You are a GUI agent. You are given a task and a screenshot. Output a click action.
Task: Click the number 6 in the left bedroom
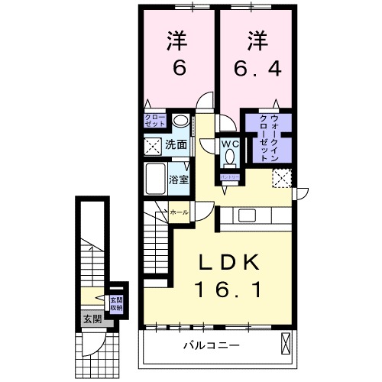(x=179, y=69)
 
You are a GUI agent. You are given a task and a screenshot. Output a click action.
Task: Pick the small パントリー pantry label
(x=230, y=176)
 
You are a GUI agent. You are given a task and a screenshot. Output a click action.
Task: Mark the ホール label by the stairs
(x=179, y=212)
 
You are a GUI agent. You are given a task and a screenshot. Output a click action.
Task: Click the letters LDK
(x=229, y=262)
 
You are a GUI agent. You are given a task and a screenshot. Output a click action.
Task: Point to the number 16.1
(x=229, y=290)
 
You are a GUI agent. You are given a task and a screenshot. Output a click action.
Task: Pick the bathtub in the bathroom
(x=157, y=179)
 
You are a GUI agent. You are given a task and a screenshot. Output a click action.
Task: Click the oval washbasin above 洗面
(x=180, y=121)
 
